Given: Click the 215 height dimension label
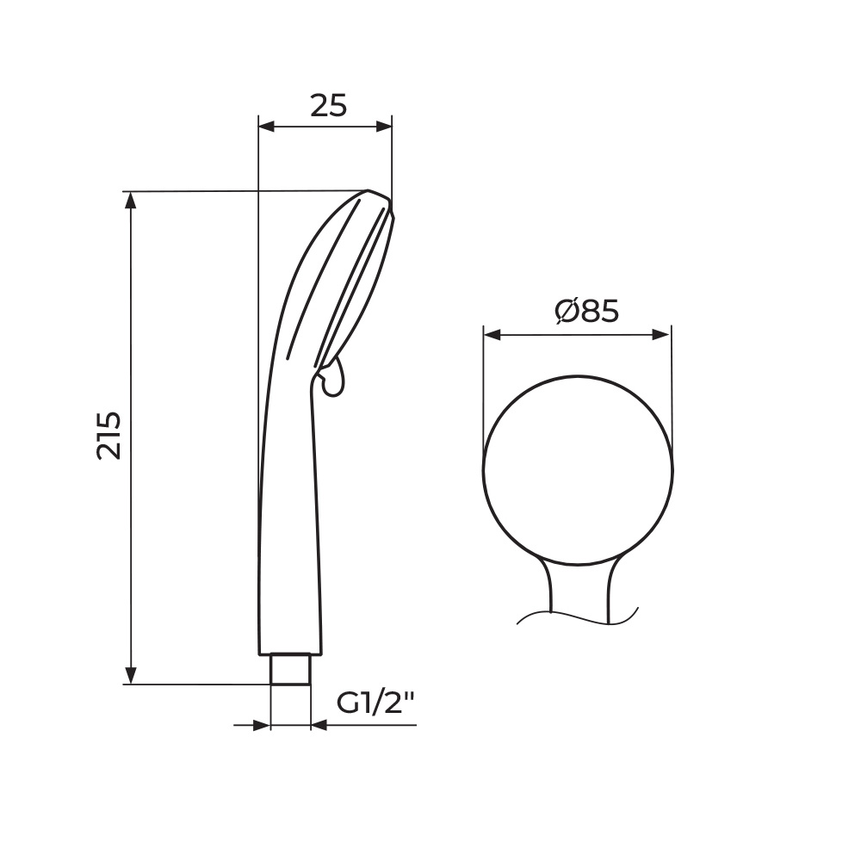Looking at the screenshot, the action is [108, 435].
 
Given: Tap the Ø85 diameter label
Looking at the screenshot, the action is [586, 312].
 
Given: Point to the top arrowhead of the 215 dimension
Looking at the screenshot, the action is [131, 201].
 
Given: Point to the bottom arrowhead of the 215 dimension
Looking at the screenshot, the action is [131, 675].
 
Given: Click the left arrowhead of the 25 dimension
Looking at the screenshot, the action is [266, 127].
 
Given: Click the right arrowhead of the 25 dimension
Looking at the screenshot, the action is [384, 127].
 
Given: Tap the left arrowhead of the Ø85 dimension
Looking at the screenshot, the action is [492, 335].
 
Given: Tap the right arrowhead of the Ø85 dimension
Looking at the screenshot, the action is [661, 335].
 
